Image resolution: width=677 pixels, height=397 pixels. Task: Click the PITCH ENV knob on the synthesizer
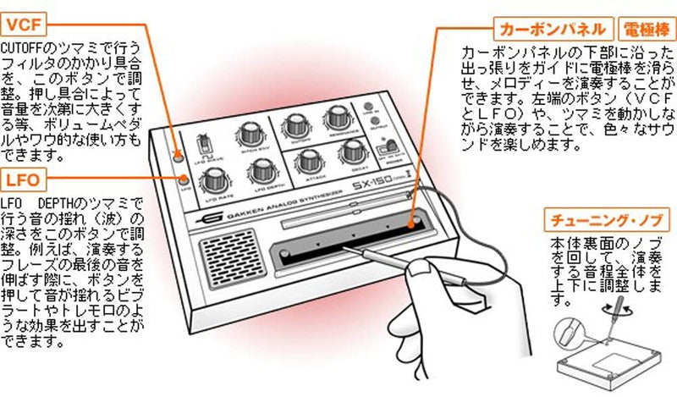point(251,132)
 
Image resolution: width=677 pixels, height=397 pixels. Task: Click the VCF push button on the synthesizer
point(178,155)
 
